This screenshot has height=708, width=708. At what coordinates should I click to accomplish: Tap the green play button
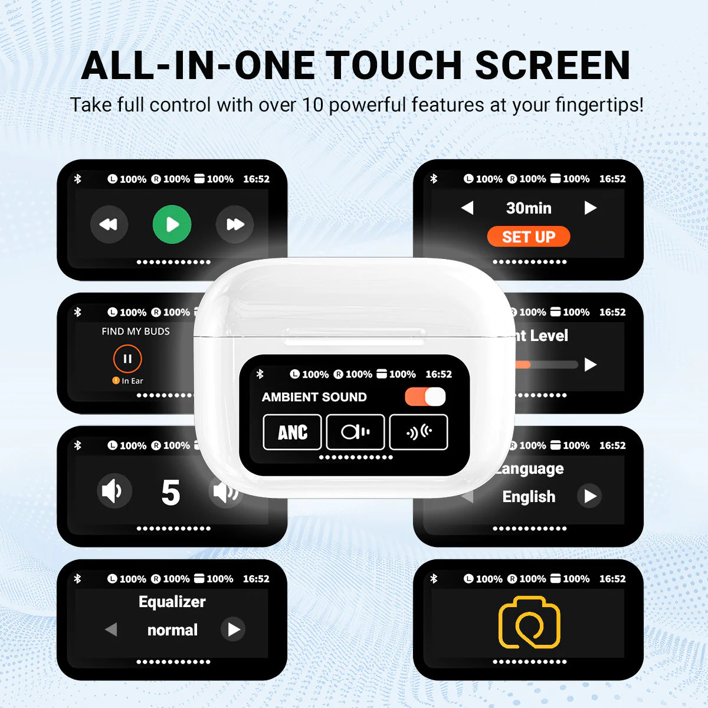point(172,224)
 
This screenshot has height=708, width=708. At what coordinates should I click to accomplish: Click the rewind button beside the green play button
point(109,224)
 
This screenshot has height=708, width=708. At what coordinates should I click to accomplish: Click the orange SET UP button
point(529,237)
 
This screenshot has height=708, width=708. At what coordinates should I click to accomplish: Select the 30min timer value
point(529,208)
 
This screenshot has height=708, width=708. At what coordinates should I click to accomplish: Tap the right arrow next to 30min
point(591,208)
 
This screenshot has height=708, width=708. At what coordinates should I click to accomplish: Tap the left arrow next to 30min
point(467,208)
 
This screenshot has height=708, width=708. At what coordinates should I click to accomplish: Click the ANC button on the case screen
point(293,432)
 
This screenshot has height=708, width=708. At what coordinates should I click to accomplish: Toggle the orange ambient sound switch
point(425,396)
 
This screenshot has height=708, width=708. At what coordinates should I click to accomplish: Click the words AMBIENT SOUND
point(314,397)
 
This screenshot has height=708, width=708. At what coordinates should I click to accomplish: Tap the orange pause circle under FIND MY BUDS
point(127,358)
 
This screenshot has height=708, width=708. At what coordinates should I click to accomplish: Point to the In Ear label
point(132,381)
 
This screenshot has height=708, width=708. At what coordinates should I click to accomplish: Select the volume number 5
point(171,492)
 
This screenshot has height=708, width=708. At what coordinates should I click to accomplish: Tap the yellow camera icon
point(529,622)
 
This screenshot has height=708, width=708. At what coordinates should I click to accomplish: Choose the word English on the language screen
point(529,497)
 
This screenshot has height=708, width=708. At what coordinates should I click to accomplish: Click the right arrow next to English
point(590,496)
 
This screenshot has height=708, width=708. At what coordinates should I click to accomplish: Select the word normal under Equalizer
point(172,630)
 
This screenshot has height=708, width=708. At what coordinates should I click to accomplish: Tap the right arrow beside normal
point(234,630)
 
